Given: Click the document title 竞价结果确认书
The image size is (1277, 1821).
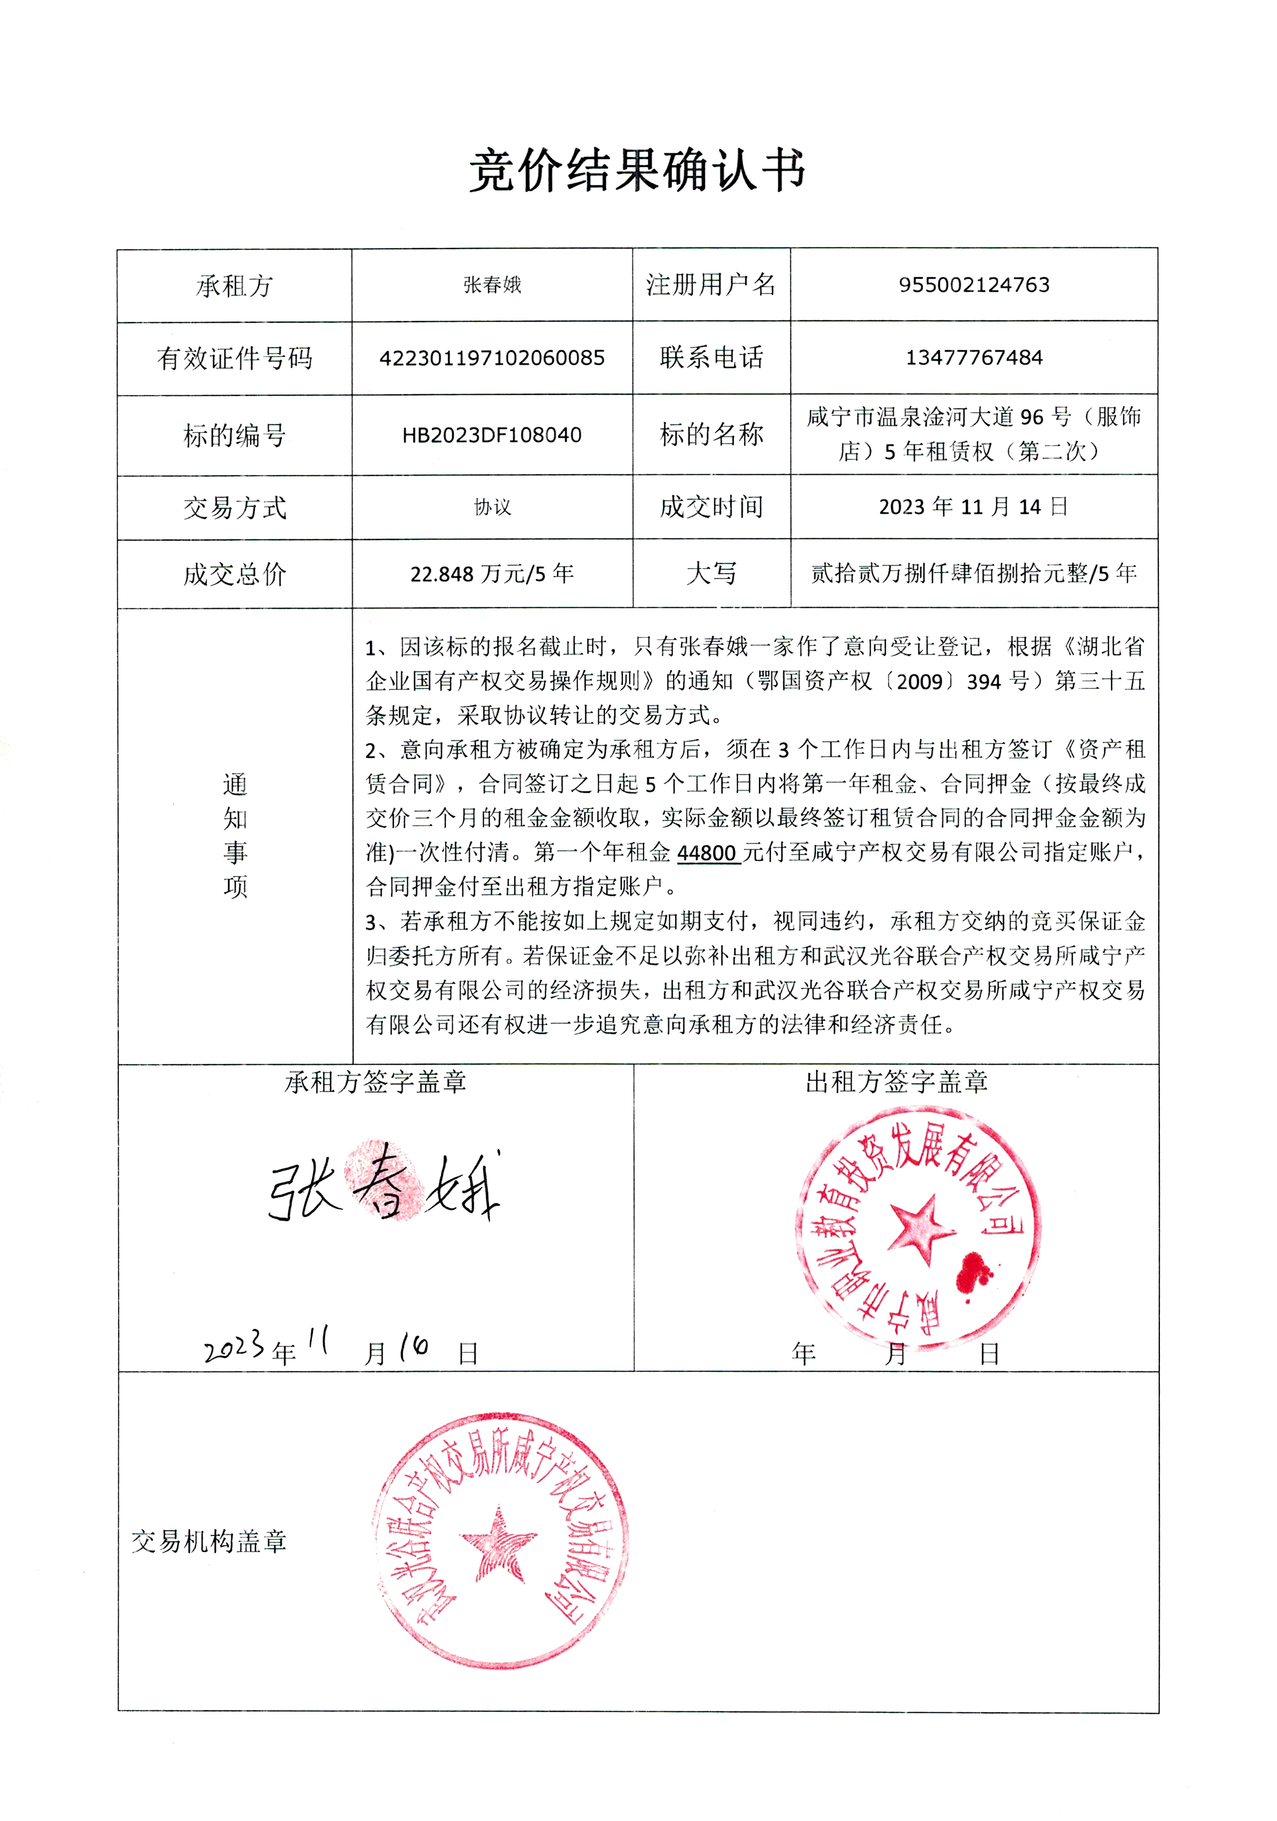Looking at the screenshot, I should point(637,171).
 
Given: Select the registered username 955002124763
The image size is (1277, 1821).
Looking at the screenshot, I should point(973,285).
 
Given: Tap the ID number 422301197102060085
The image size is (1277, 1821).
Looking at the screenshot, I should point(492,358).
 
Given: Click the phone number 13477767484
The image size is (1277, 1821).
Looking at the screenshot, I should point(973,358).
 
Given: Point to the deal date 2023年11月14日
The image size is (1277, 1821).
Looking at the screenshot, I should point(973,507).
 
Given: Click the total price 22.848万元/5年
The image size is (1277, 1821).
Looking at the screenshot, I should point(492,573).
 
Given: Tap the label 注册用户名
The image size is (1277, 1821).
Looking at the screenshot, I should point(711,285).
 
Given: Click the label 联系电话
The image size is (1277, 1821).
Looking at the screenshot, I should point(711,358).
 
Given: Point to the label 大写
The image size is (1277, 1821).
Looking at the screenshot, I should point(711,573).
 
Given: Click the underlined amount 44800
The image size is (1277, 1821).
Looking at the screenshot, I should point(707,853).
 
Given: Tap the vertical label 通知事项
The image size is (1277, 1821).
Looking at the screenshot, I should point(235,836).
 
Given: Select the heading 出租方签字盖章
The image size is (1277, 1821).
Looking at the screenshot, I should point(896,1082).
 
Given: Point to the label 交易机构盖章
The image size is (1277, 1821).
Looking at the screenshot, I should point(209,1541).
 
